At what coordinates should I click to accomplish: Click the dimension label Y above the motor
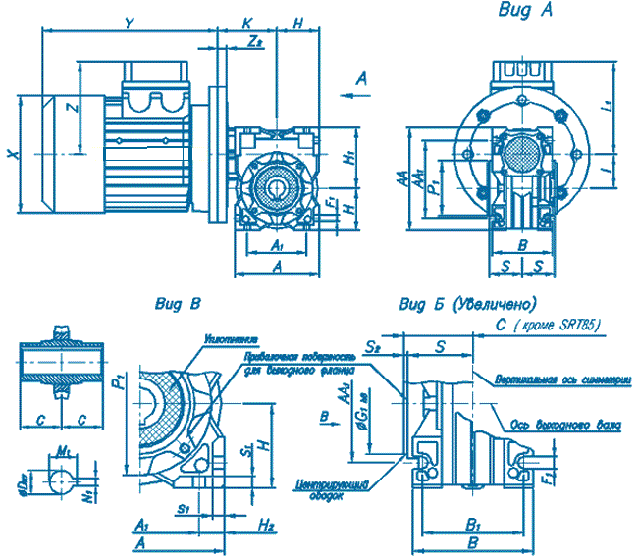[x=129, y=21]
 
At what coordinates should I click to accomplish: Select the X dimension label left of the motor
[x=11, y=154]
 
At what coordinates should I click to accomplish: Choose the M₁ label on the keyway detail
[x=64, y=450]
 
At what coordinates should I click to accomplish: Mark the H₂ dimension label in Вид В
[x=265, y=526]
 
